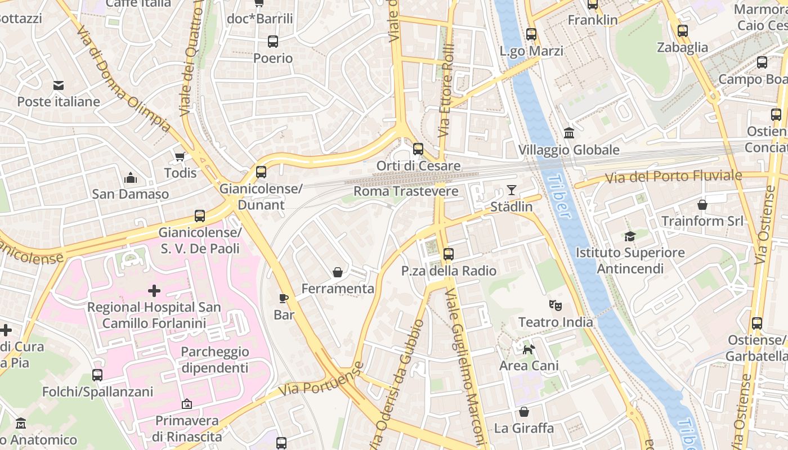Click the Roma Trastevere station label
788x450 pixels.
pyautogui.click(x=406, y=191)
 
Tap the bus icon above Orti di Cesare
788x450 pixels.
pyautogui.click(x=418, y=149)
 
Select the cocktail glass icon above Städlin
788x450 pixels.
pyautogui.click(x=511, y=190)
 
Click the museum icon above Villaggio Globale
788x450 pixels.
pyautogui.click(x=569, y=133)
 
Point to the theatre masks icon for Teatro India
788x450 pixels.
pyautogui.click(x=556, y=305)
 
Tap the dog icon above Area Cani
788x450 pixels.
pyautogui.click(x=529, y=349)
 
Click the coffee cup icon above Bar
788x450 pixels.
pyautogui.click(x=284, y=298)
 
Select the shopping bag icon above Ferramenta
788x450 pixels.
pyautogui.click(x=338, y=272)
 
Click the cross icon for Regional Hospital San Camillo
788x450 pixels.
pyautogui.click(x=154, y=291)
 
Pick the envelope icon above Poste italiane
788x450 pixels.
pyautogui.click(x=59, y=85)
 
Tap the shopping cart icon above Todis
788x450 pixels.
pyautogui.click(x=180, y=156)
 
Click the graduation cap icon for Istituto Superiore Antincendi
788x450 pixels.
pyautogui.click(x=630, y=236)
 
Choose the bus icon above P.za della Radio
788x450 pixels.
pyautogui.click(x=448, y=254)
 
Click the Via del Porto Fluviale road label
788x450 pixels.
pyautogui.click(x=673, y=177)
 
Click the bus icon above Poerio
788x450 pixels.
pyautogui.click(x=273, y=42)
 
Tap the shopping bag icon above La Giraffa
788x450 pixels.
pyautogui.click(x=523, y=412)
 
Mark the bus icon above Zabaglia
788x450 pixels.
pyautogui.click(x=683, y=31)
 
